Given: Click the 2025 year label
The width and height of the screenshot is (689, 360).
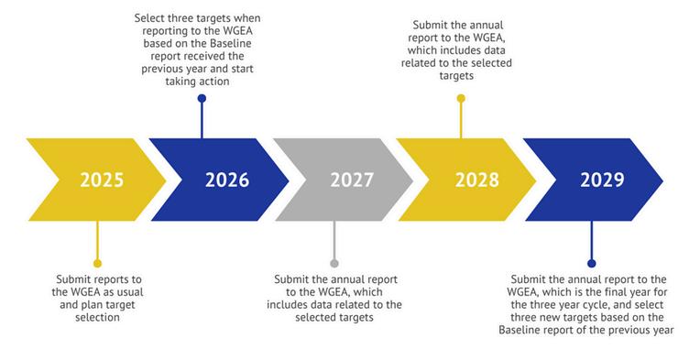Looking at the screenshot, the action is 102,180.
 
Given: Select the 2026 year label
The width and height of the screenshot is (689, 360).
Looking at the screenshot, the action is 227,180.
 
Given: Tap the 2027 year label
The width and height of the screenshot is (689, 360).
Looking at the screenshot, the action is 352,180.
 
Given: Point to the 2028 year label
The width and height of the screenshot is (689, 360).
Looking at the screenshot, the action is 477,180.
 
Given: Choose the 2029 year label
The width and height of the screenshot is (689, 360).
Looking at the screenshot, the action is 602,180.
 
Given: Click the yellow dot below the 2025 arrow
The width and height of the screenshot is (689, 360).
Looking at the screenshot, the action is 97,263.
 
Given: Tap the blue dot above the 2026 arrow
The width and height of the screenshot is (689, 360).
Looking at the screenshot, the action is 202,98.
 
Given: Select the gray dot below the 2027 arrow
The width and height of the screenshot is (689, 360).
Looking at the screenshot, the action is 334,263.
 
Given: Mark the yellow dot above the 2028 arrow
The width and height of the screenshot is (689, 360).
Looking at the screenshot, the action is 461,98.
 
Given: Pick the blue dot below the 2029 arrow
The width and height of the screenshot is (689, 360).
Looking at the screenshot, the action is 592,263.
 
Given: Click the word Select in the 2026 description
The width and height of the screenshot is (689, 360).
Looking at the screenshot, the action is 148,18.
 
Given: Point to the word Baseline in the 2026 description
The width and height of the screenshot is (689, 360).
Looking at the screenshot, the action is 231,44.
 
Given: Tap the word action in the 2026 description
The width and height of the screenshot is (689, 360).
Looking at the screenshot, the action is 215,82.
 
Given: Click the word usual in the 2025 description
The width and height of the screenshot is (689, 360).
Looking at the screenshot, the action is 129,292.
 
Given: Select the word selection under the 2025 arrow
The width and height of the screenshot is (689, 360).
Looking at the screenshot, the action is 97,317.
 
